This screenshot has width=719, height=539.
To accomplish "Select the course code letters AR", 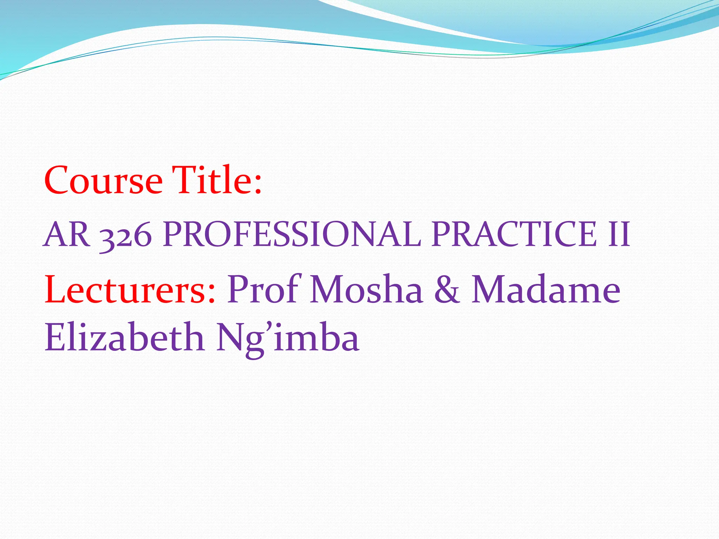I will (67, 234).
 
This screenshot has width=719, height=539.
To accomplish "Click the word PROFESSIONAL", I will (291, 234).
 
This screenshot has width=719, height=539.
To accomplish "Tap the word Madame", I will (546, 290).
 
